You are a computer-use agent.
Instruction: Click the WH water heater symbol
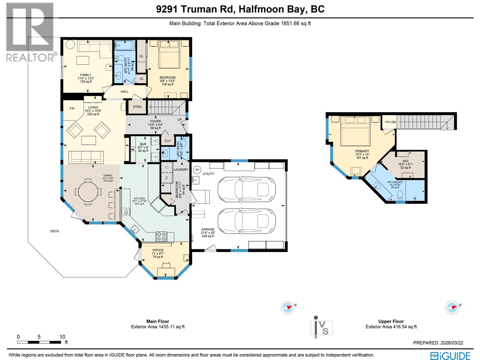[x=197, y=170]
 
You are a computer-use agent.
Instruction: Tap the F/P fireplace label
[x=72, y=109]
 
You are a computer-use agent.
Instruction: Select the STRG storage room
[x=137, y=107]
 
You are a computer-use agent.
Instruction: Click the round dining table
[x=88, y=192]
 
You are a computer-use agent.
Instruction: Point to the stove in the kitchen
[x=161, y=236]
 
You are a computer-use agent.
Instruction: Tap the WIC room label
[x=406, y=161]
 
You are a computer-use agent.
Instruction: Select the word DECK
[x=55, y=231]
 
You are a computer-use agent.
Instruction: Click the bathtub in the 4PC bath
[x=124, y=46]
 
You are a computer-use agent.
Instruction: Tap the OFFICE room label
[x=158, y=250]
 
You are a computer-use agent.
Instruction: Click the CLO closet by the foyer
[x=168, y=141]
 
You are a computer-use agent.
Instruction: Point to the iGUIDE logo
[x=450, y=356]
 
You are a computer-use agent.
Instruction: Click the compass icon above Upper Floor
[x=452, y=308]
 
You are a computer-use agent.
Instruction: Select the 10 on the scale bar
[x=62, y=337]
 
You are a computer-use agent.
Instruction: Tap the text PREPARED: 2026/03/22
[x=438, y=343]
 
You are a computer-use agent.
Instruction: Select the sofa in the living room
[x=86, y=157]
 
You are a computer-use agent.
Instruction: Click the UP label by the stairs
[x=179, y=120]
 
